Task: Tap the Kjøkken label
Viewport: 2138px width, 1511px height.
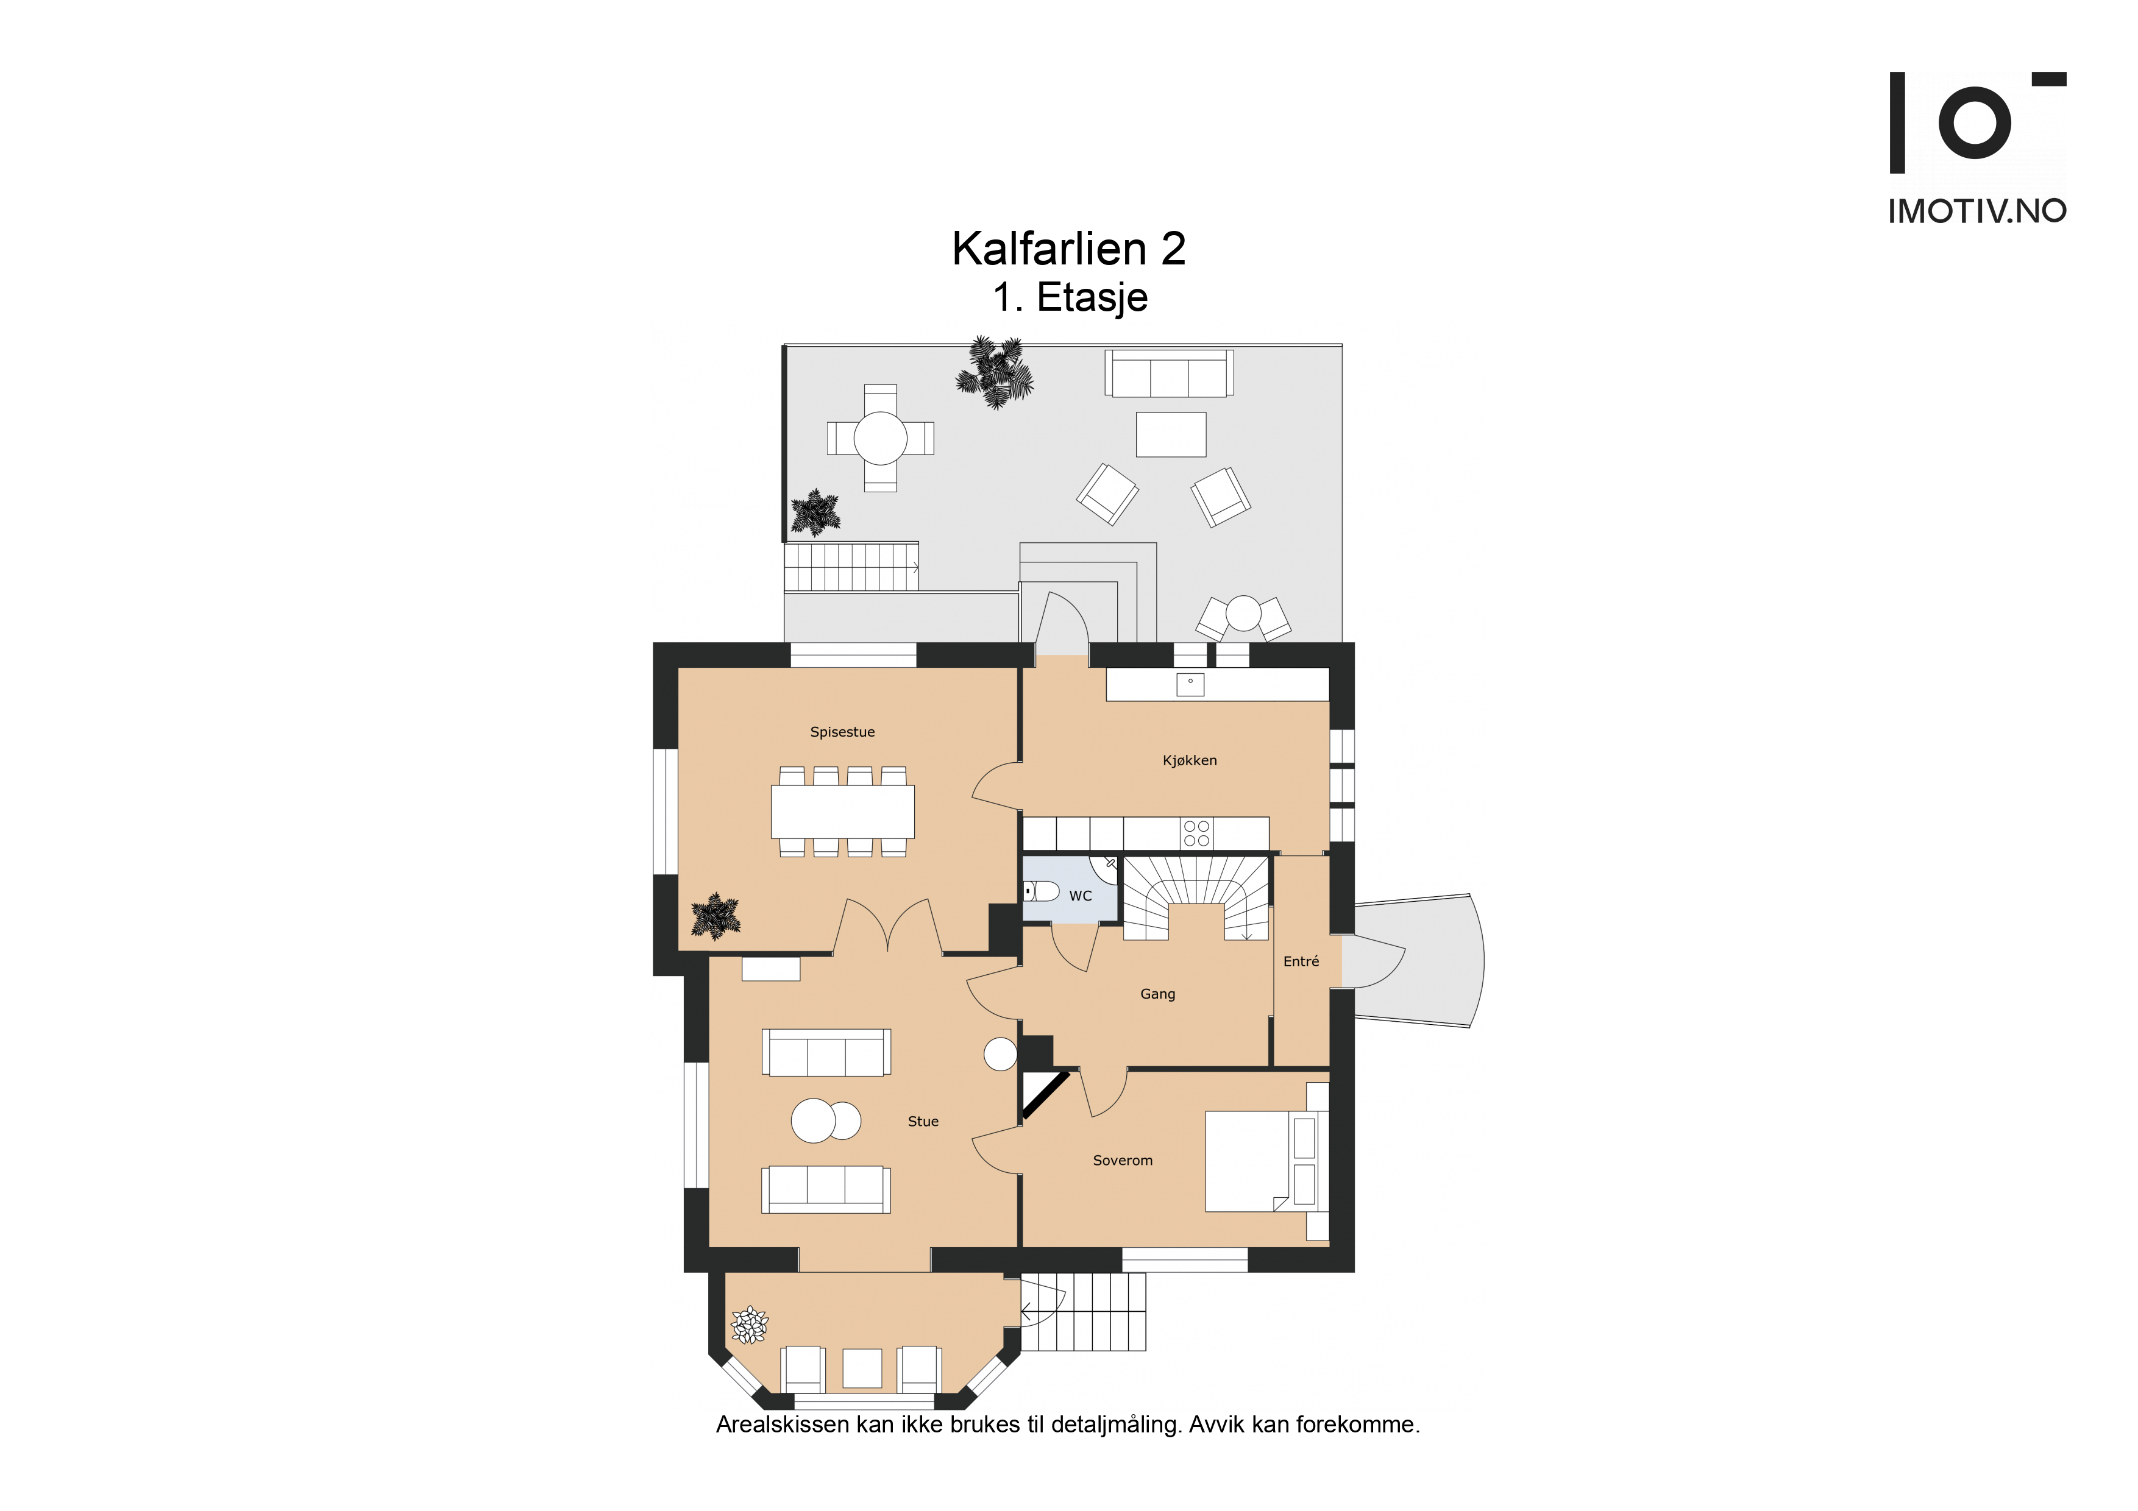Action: click(x=1189, y=760)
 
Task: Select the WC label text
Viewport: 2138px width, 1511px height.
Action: click(x=1080, y=896)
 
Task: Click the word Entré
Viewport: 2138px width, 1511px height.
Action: click(x=1301, y=961)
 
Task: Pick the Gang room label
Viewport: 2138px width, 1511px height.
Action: click(x=1157, y=994)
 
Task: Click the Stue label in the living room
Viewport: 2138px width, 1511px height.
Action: click(x=923, y=1121)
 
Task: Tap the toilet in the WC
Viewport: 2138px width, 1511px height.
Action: click(x=1041, y=891)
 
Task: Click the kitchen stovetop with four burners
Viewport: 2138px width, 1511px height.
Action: click(x=1196, y=833)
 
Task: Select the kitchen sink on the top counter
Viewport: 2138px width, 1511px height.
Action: click(x=1190, y=684)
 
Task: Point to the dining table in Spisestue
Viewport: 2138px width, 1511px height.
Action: click(x=843, y=812)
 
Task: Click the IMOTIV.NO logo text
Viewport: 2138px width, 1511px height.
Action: click(x=1977, y=211)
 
